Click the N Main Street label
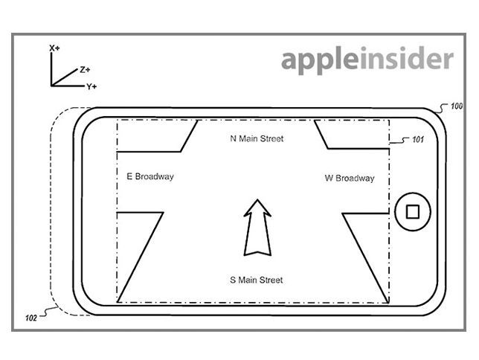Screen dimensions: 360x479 pyautogui.click(x=257, y=138)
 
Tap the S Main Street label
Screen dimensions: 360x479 pyautogui.click(x=256, y=280)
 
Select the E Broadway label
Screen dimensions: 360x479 pyautogui.click(x=150, y=176)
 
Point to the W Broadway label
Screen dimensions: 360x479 pyautogui.click(x=350, y=179)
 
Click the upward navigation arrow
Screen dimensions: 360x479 pyautogui.click(x=257, y=227)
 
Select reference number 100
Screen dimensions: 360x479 pyautogui.click(x=457, y=107)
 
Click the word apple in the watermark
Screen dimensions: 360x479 pyautogui.click(x=321, y=60)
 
